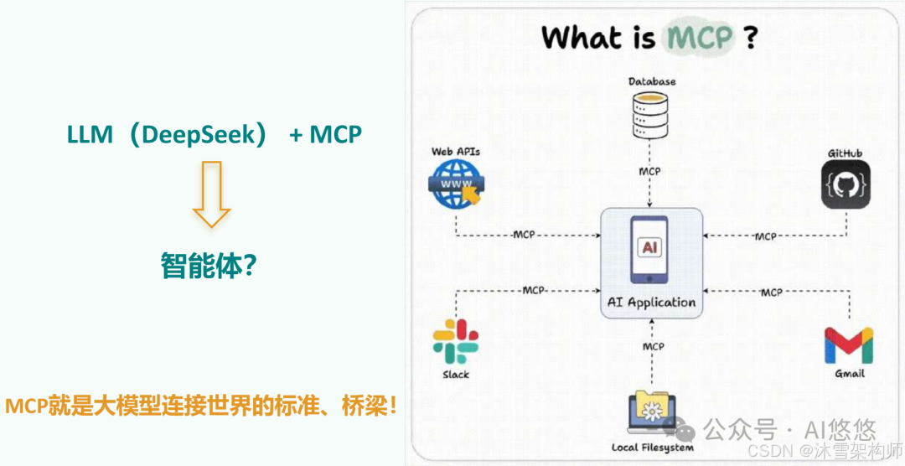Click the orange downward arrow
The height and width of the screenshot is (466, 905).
[x=211, y=194]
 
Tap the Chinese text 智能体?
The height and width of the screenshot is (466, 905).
[x=208, y=266]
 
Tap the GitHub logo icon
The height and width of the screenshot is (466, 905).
[x=845, y=184]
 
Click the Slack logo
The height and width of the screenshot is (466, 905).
[x=455, y=341]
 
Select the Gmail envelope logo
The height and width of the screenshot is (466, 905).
[x=848, y=344]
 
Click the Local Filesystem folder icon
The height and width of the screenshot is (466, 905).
[x=652, y=411]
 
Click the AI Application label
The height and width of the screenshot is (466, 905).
[x=651, y=302]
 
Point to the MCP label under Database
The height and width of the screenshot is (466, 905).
[x=649, y=171]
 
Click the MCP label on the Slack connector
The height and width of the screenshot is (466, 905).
[x=533, y=291]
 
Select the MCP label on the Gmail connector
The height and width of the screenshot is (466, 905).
[x=771, y=292]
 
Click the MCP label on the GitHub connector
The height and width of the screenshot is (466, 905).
[x=765, y=236]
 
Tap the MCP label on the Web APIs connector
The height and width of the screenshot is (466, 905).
[x=525, y=236]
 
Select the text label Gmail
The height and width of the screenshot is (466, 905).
[x=849, y=373]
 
